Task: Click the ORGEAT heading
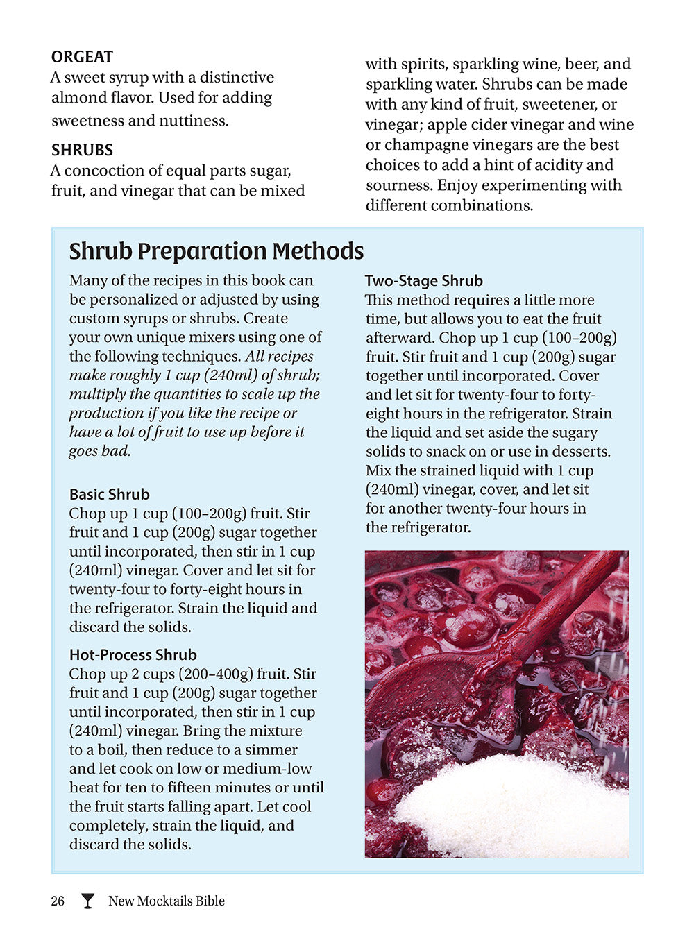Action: pyautogui.click(x=82, y=57)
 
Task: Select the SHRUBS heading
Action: pyautogui.click(x=82, y=150)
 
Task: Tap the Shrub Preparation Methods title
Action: pyautogui.click(x=216, y=251)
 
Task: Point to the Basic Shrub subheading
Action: pyautogui.click(x=109, y=495)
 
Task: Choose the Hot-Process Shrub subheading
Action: pyautogui.click(x=133, y=655)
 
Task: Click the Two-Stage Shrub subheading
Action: pyautogui.click(x=423, y=281)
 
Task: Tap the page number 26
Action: pyautogui.click(x=58, y=901)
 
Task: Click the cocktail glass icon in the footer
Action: pyautogui.click(x=87, y=901)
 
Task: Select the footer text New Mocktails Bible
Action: pyautogui.click(x=167, y=901)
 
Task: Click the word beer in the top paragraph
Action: pyautogui.click(x=582, y=64)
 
